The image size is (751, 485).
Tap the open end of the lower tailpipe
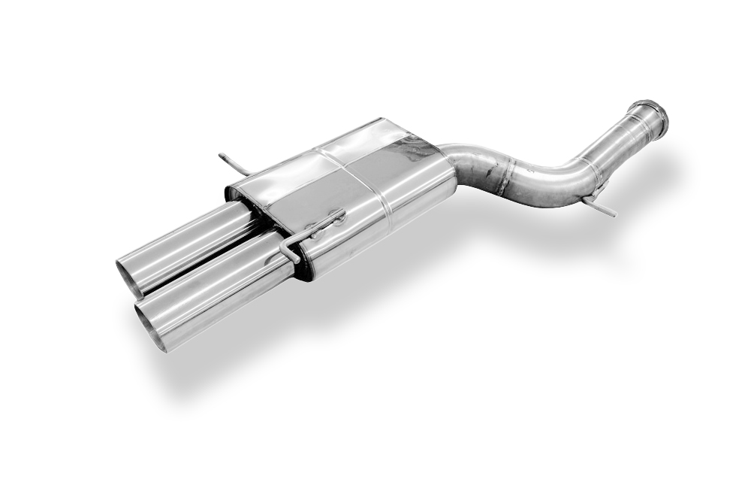149,329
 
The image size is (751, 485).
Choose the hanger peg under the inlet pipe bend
605,208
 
